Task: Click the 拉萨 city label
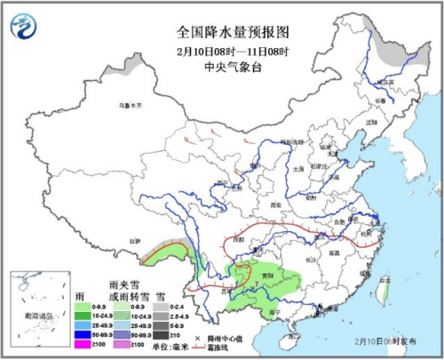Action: (135, 240)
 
